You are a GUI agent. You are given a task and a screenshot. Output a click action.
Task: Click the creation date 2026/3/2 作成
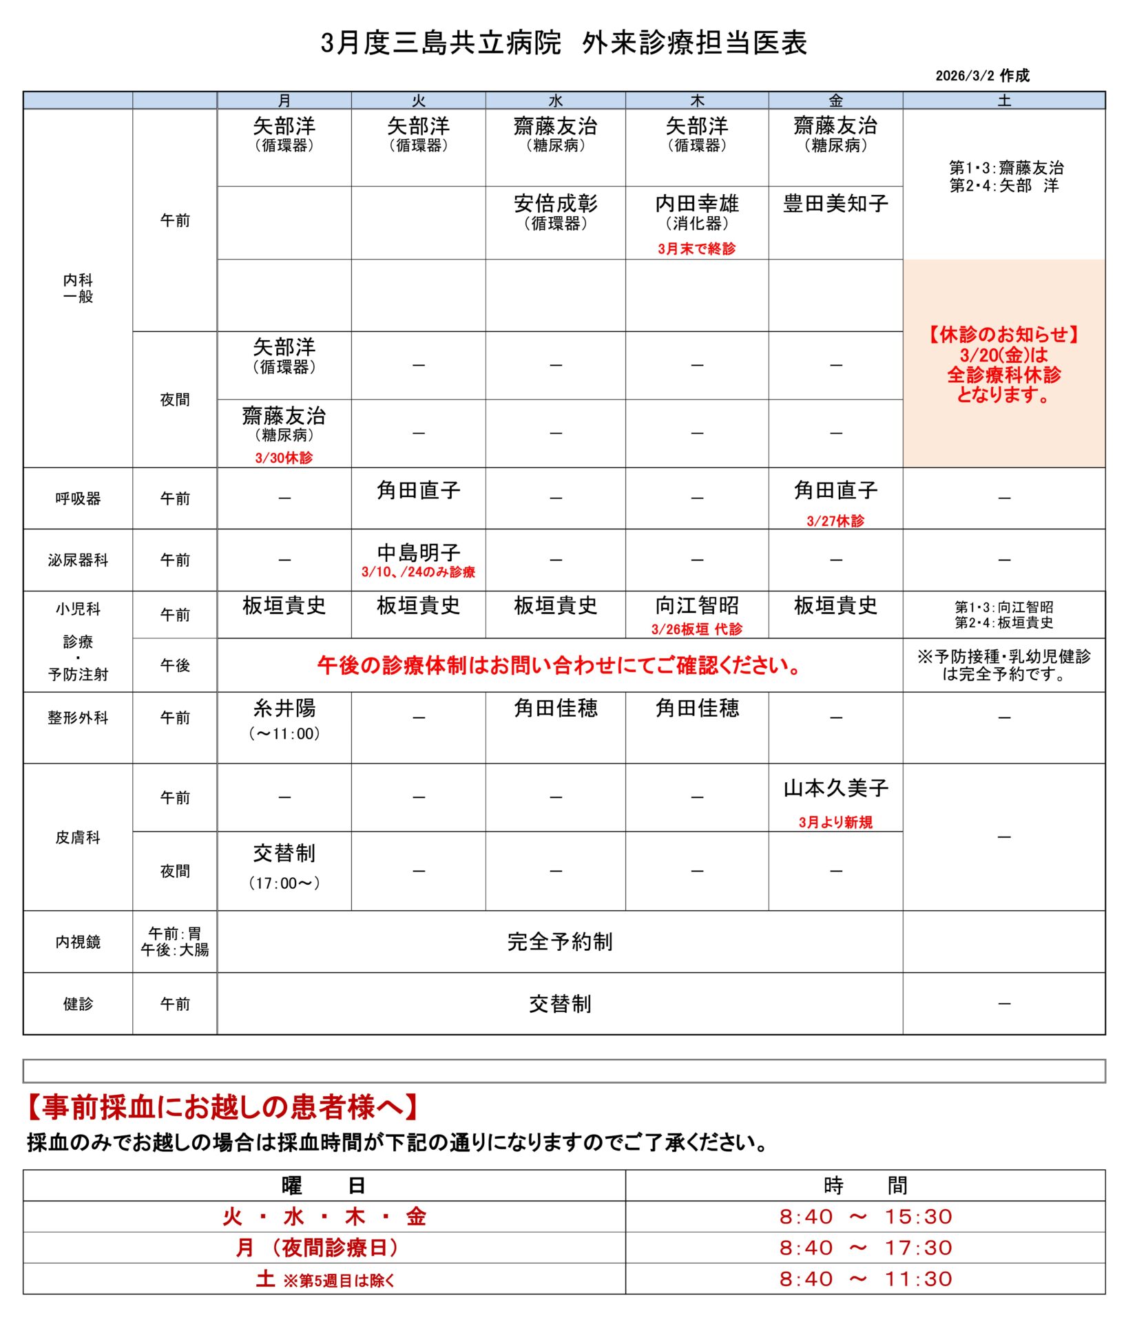[981, 76]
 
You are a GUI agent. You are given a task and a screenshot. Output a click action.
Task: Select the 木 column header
[697, 101]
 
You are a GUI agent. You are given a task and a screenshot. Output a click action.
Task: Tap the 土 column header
[1003, 101]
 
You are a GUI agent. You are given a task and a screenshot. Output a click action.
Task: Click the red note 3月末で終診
[696, 249]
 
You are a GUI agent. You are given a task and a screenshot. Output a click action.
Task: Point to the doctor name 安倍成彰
[555, 204]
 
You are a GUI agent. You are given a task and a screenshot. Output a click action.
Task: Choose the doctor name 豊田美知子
[835, 204]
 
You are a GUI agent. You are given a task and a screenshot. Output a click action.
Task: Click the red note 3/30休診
[284, 457]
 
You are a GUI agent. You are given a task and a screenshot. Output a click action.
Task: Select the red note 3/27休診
[835, 521]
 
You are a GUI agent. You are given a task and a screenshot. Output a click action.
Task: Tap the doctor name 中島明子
[418, 552]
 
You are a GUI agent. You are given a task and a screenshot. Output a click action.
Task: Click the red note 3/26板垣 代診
[696, 629]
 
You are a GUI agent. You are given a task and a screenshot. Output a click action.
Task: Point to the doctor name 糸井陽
[284, 708]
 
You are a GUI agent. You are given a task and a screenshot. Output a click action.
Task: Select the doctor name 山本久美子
[835, 788]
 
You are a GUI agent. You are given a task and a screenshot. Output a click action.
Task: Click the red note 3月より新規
[835, 822]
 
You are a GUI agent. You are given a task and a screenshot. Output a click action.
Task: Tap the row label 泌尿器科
[78, 560]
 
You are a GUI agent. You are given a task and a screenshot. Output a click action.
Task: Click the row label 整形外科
[78, 717]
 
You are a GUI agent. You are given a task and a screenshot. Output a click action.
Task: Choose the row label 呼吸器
[78, 498]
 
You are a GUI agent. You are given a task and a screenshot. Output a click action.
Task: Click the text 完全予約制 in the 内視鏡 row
[559, 941]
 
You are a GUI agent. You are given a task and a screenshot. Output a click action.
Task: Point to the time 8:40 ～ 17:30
[865, 1248]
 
